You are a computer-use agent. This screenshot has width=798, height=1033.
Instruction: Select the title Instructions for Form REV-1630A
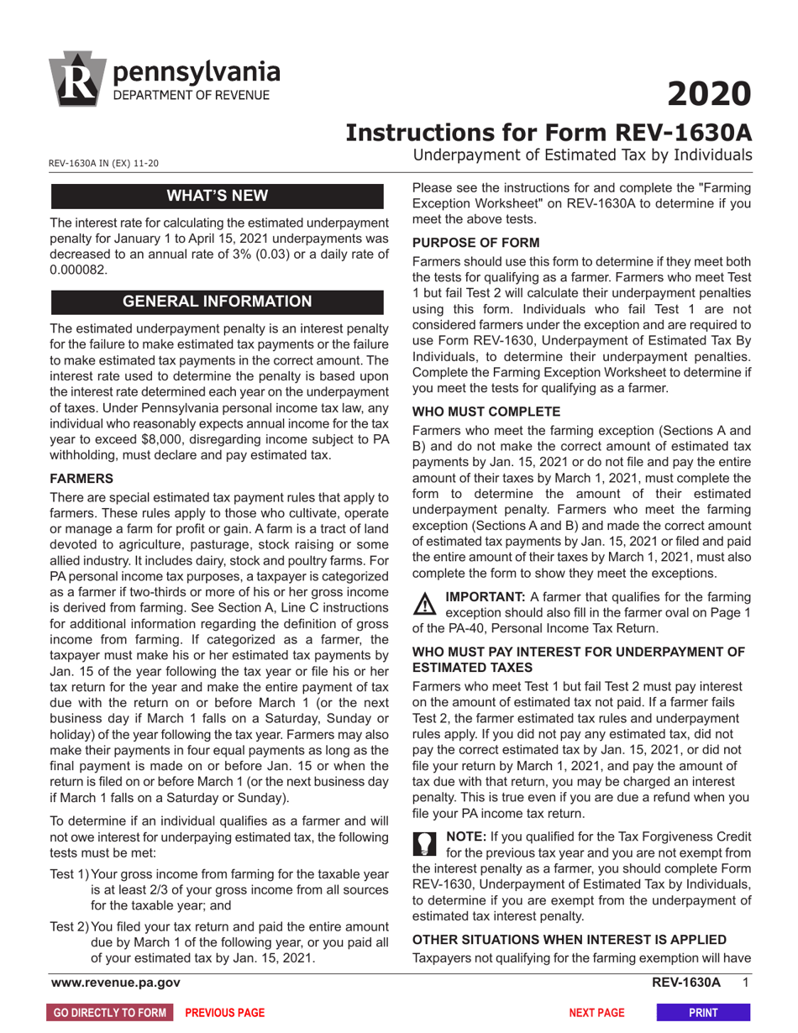tap(549, 133)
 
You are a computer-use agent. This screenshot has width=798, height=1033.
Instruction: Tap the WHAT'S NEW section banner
tap(218, 197)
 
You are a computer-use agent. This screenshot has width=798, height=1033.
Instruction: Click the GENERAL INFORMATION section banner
tap(218, 302)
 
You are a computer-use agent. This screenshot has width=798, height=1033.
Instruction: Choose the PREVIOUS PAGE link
tap(224, 1013)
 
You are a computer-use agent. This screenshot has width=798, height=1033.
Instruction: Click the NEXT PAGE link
tap(596, 1013)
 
